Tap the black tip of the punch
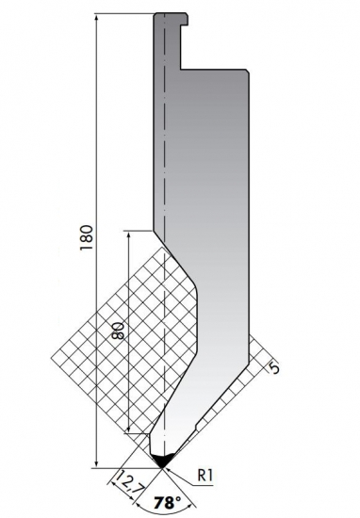(163, 461)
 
